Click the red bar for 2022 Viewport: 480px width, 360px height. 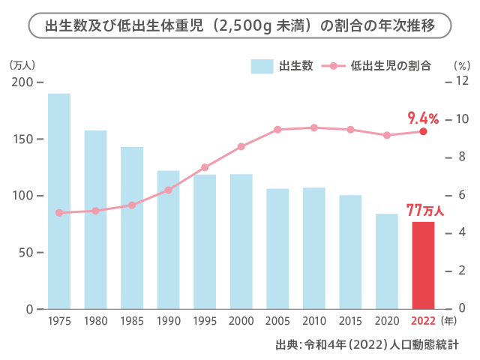pyautogui.click(x=423, y=265)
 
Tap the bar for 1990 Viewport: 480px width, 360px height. pyautogui.click(x=168, y=240)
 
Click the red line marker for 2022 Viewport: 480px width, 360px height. pyautogui.click(x=423, y=131)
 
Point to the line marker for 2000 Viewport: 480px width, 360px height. pyautogui.click(x=241, y=147)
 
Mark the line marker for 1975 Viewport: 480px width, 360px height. pyautogui.click(x=59, y=213)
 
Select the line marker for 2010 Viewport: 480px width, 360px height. pyautogui.click(x=314, y=127)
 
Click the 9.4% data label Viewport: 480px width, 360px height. pyautogui.click(x=423, y=117)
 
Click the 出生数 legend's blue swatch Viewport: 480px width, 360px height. pyautogui.click(x=262, y=66)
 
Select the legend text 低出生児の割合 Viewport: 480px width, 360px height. pyautogui.click(x=391, y=66)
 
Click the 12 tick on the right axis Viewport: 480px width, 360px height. pyautogui.click(x=462, y=81)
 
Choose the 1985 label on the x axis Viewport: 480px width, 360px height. pyautogui.click(x=132, y=321)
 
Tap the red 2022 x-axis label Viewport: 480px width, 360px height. pyautogui.click(x=423, y=321)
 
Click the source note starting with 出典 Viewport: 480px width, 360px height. pyautogui.click(x=367, y=346)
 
